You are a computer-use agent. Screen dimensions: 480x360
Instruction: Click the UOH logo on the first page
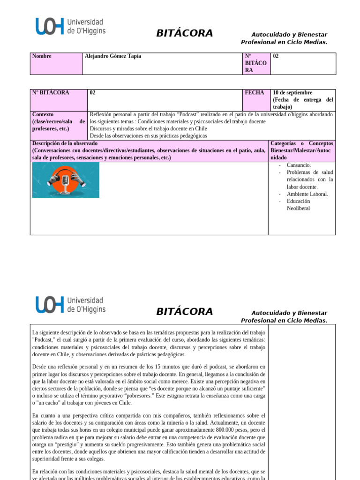[x=70, y=27]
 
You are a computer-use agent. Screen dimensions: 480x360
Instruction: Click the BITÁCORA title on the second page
[x=184, y=312]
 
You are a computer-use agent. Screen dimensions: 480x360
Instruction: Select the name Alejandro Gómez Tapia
[x=112, y=56]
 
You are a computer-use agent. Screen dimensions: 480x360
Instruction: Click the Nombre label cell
[x=42, y=56]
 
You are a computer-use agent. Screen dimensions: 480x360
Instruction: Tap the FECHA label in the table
[x=254, y=93]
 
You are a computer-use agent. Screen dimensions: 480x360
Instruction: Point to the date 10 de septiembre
[x=292, y=93]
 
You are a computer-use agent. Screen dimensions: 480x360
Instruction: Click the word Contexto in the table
[x=43, y=114]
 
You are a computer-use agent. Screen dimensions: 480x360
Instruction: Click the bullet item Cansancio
[x=299, y=165]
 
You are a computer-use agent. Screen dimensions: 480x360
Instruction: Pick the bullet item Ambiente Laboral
[x=307, y=194]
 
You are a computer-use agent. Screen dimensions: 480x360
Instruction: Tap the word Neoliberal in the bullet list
[x=298, y=208]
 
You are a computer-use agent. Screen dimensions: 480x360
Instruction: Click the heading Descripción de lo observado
[x=65, y=143]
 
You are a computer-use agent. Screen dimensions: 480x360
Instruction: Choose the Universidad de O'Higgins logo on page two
[x=70, y=304]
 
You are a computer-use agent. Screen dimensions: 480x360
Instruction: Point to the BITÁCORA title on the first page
[x=184, y=33]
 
